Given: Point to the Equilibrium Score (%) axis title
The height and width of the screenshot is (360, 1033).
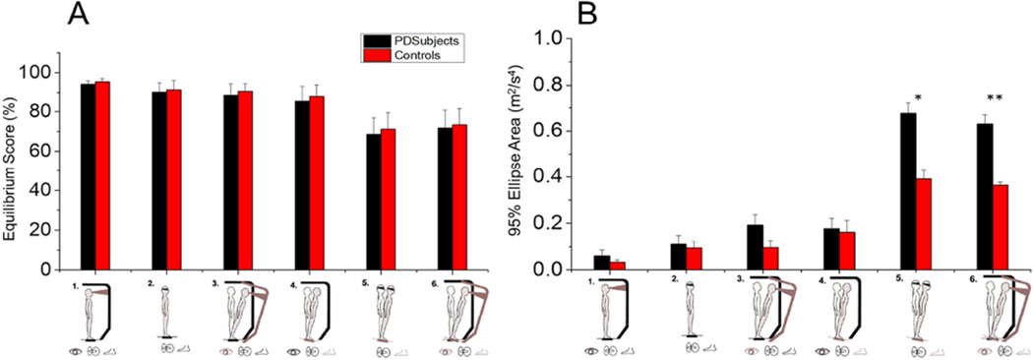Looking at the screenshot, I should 13,163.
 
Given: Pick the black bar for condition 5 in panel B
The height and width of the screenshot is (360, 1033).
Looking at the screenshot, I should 908,191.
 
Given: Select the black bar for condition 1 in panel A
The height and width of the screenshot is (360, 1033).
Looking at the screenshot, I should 88,177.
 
